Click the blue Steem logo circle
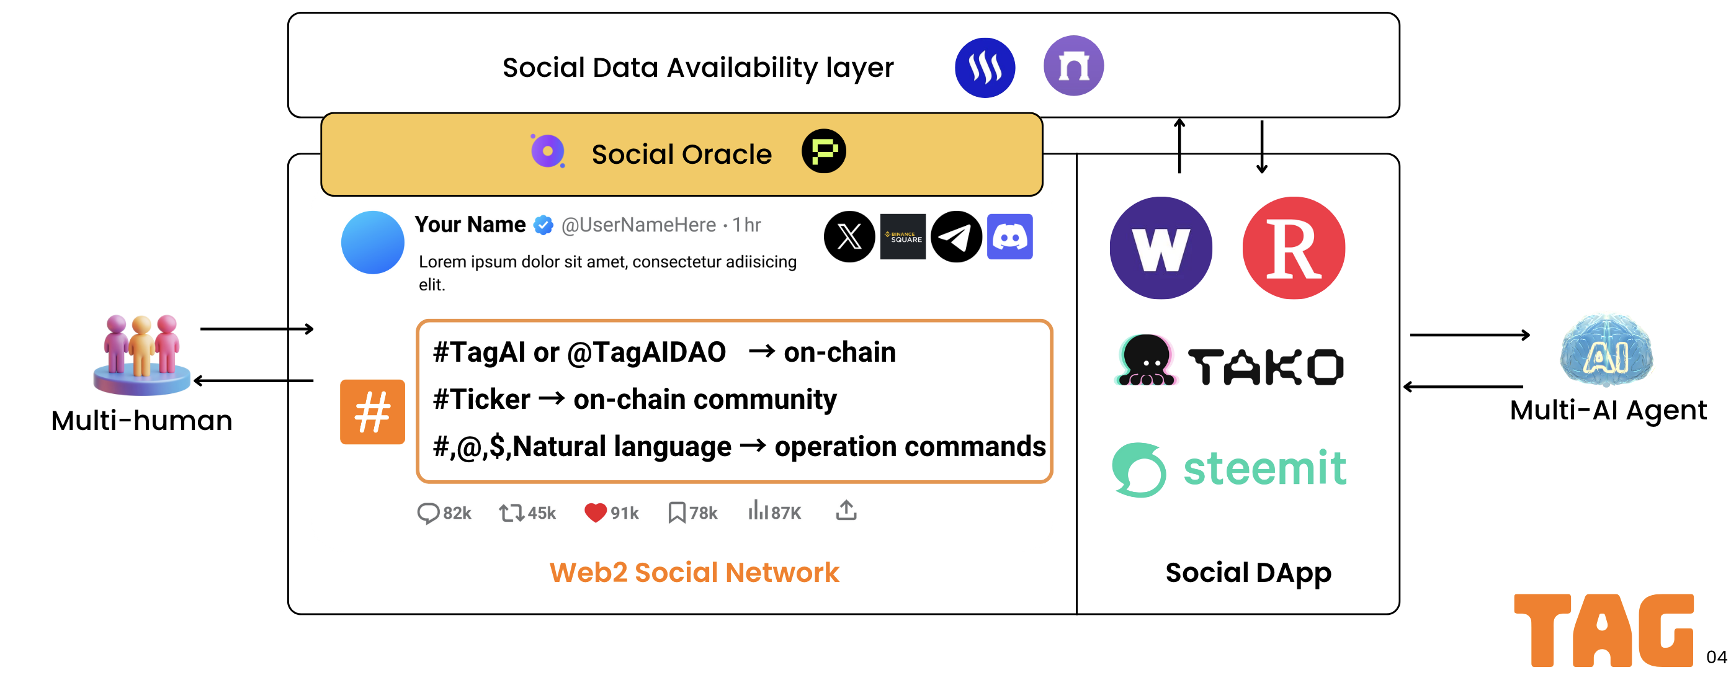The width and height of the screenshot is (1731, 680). [985, 67]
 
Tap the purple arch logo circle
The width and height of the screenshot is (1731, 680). [1073, 66]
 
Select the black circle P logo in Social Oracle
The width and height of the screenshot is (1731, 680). [823, 151]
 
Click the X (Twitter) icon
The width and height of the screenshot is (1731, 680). [849, 236]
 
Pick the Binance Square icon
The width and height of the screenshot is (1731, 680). [903, 236]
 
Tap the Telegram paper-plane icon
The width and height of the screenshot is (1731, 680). [955, 236]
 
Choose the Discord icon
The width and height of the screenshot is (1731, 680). [1009, 236]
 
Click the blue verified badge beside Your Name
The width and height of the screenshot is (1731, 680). [543, 225]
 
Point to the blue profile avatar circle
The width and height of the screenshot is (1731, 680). [372, 242]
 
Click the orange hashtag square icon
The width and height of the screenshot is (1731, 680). [372, 412]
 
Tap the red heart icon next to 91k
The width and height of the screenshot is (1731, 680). [596, 512]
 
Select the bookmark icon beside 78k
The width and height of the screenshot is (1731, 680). [677, 512]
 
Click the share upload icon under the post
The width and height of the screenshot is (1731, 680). [846, 511]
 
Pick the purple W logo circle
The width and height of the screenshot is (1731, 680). [1160, 248]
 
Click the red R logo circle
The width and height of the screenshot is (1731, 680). [1294, 248]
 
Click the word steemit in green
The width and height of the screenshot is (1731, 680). [1264, 468]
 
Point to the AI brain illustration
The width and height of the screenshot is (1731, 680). [1607, 350]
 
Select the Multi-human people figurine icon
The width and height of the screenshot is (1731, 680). [142, 354]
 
